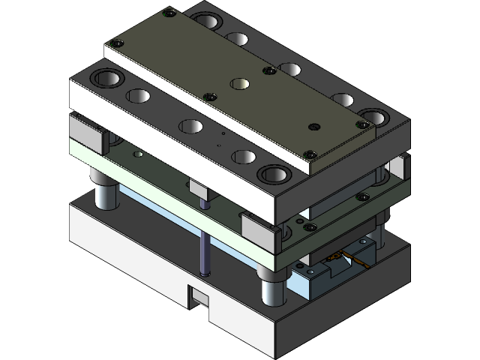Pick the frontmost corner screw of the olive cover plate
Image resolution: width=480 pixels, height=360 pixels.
click(308, 154)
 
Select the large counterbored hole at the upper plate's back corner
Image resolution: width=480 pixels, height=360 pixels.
click(207, 20)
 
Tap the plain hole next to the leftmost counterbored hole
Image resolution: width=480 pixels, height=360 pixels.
click(138, 96)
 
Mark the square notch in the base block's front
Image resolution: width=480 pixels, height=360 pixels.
click(198, 297)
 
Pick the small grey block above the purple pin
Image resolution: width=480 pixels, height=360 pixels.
click(199, 190)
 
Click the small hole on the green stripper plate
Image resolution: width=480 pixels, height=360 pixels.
click(136, 154)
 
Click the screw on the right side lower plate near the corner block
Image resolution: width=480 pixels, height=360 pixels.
click(363, 196)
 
